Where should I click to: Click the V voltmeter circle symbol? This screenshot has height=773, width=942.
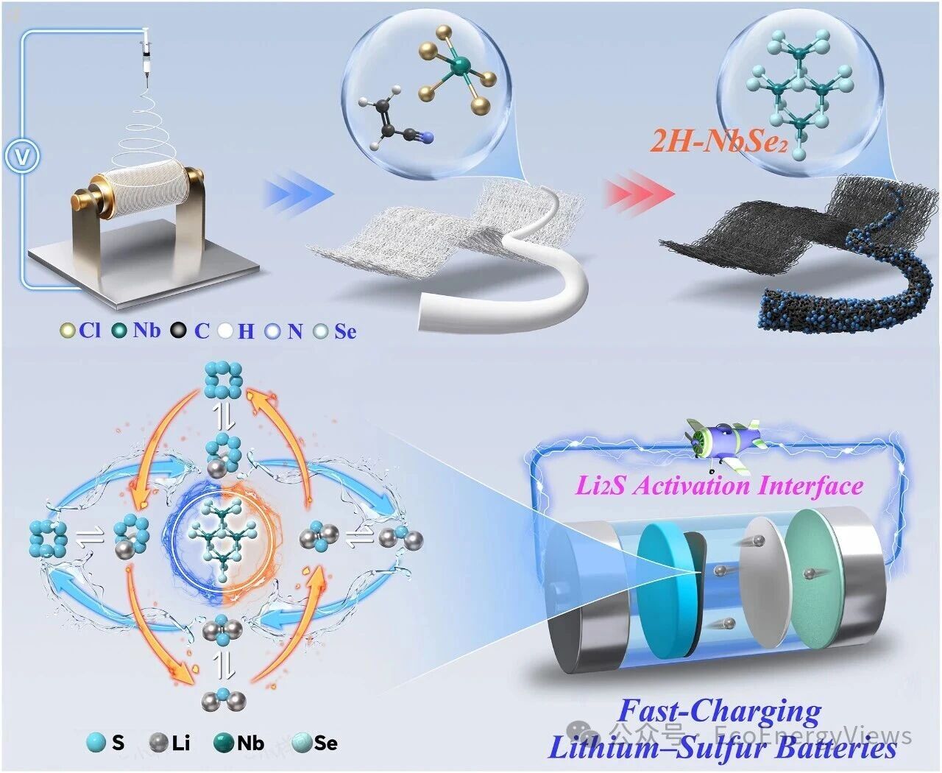[22, 156]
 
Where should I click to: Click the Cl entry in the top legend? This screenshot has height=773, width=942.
[81, 331]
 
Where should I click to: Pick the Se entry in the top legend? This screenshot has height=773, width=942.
[335, 331]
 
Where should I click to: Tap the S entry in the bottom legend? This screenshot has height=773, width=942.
[105, 743]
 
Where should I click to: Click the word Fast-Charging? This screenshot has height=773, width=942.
[719, 712]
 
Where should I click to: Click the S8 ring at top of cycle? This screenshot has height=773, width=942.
[223, 381]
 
